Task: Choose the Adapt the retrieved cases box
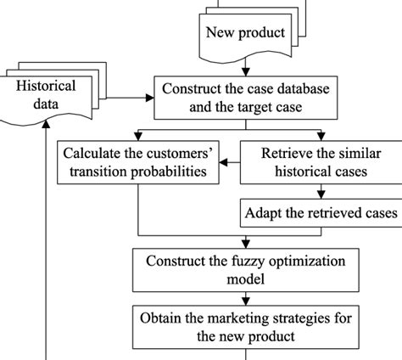pos(319,212)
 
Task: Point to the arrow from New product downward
pos(245,65)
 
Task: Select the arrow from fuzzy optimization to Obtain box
pos(245,299)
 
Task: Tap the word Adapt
pos(265,212)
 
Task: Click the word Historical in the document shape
pos(46,87)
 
